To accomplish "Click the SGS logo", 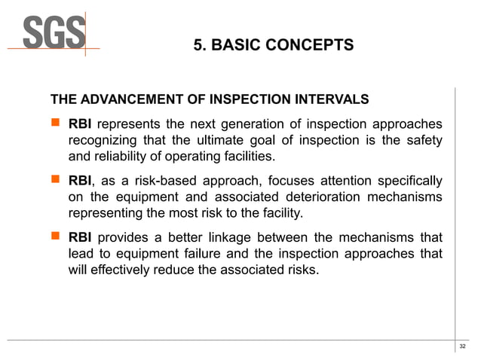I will (x=53, y=33).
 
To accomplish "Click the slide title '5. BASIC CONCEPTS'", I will (x=273, y=45).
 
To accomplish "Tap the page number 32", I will (x=462, y=346).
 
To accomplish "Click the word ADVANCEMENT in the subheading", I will (x=129, y=99).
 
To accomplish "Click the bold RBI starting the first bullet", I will (x=81, y=124).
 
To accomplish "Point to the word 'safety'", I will (x=423, y=140).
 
